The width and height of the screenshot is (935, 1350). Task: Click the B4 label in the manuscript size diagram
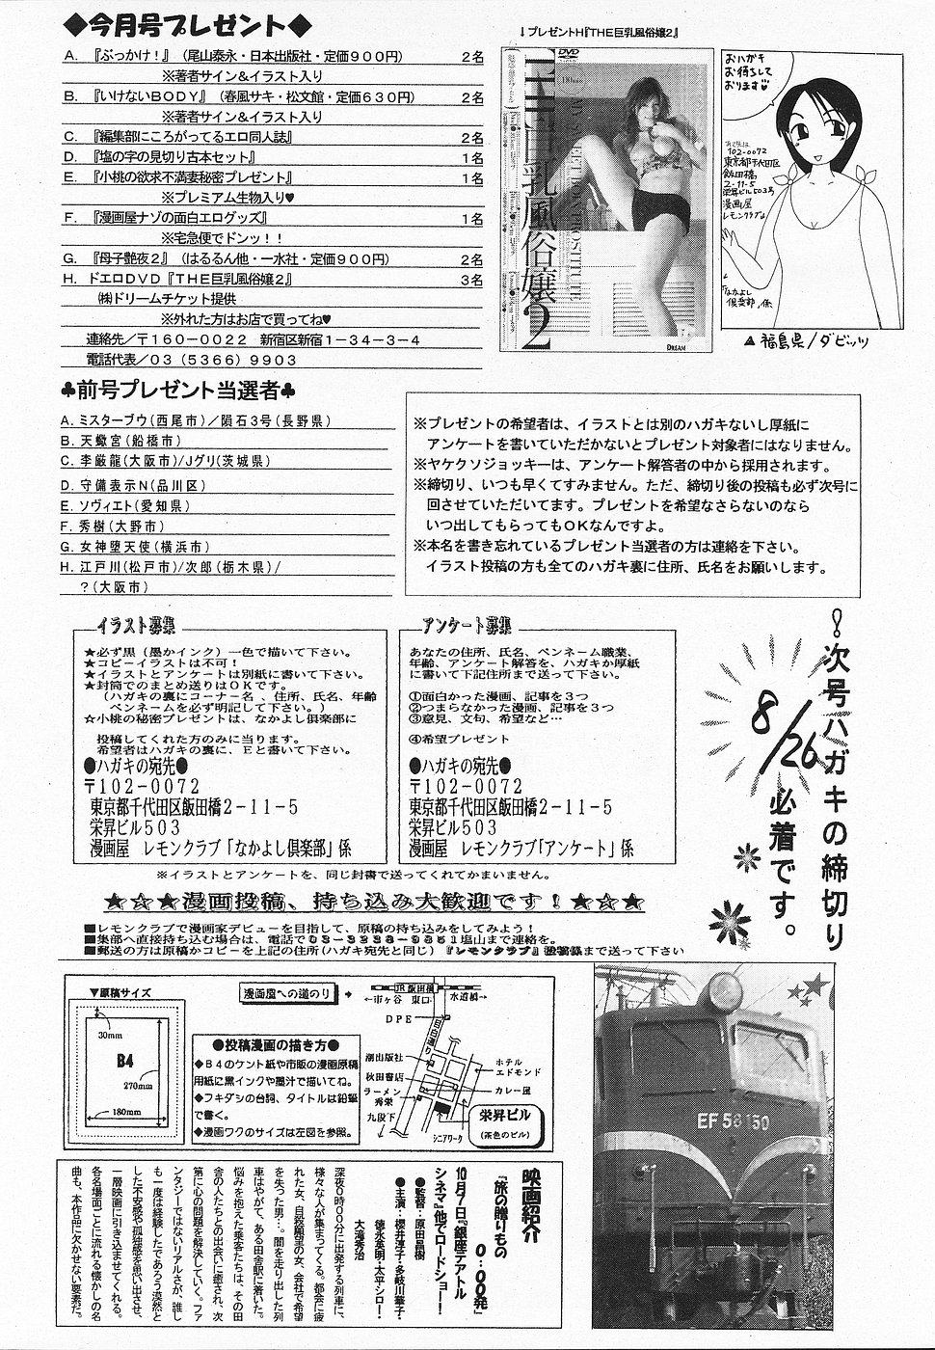124,1062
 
